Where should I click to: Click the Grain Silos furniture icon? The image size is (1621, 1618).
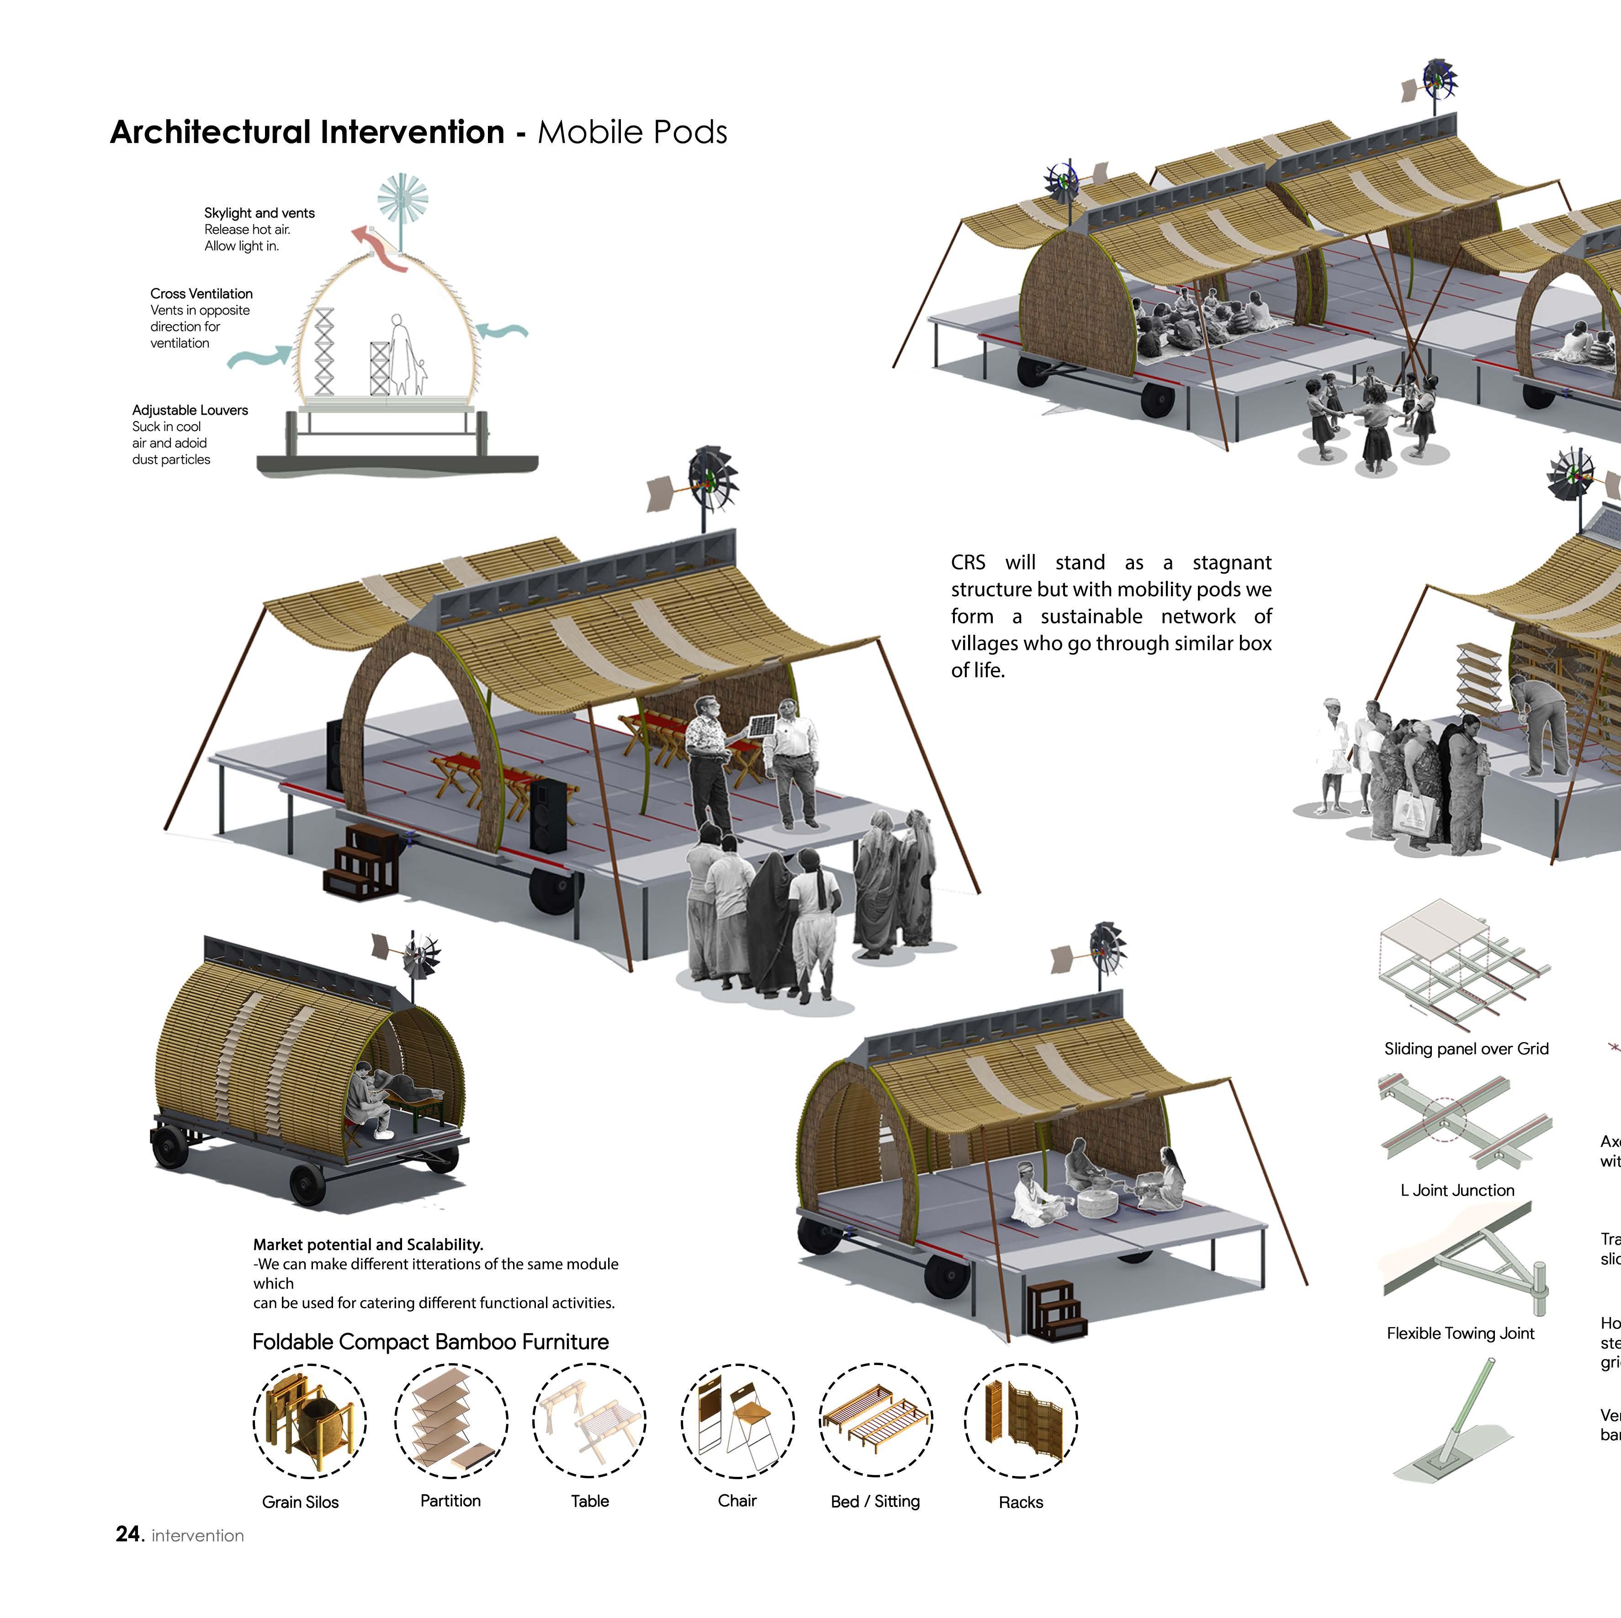click(x=310, y=1421)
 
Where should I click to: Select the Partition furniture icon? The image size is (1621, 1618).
click(x=450, y=1421)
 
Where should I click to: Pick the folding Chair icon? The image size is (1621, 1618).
click(x=736, y=1421)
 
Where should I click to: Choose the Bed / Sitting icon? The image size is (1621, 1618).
click(x=875, y=1421)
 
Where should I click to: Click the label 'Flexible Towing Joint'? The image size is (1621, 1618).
click(x=1460, y=1333)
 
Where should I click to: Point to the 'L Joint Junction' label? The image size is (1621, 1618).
click(x=1457, y=1190)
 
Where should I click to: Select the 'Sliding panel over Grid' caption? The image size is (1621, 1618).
click(x=1466, y=1049)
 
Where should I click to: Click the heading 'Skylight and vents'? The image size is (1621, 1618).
click(x=259, y=213)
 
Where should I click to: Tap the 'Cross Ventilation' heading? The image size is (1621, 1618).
click(x=201, y=294)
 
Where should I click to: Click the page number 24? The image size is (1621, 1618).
click(x=128, y=1534)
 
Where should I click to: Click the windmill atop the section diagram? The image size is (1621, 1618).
click(x=403, y=199)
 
